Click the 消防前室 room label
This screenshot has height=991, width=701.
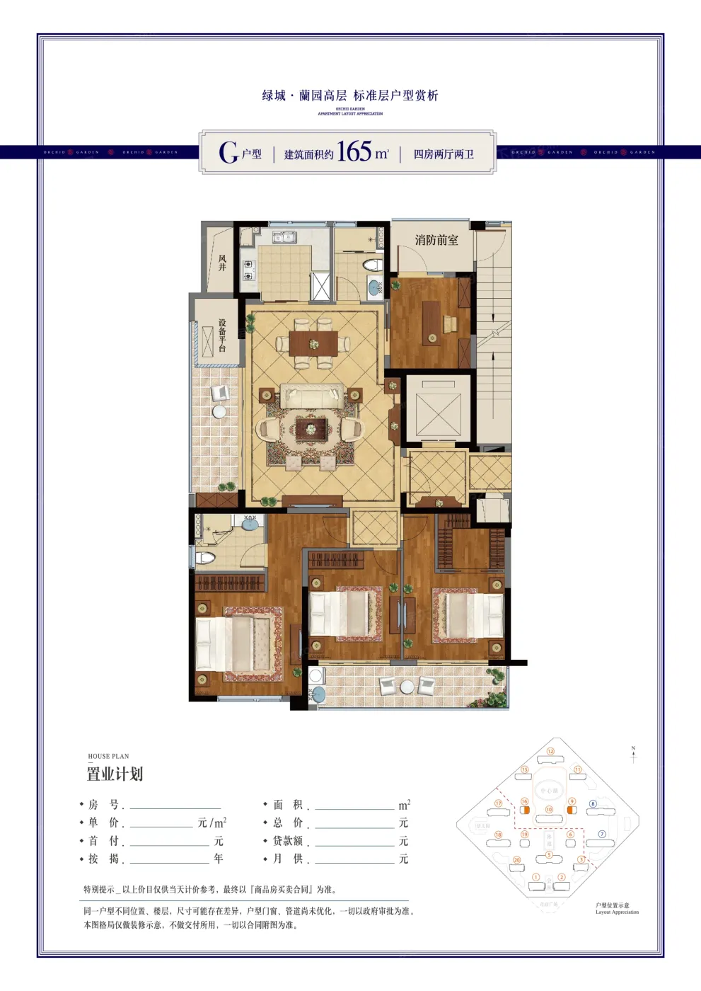pos(436,240)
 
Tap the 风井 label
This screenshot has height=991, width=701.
pos(222,263)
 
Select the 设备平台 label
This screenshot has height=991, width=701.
pos(222,336)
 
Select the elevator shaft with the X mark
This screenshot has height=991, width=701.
pos(438,413)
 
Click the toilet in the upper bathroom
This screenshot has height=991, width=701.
pos(372,265)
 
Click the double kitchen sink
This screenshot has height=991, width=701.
pos(285,236)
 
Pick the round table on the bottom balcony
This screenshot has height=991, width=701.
pos(407,687)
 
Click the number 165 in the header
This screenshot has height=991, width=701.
pos(354,151)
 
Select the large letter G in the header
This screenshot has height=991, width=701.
pos(228,152)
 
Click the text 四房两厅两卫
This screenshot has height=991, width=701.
pos(444,154)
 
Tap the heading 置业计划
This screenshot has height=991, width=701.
pos(115,774)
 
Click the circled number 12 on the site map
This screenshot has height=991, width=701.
pos(550,752)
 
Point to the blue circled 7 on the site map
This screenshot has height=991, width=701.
pos(602,834)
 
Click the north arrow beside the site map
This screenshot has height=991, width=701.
pos(633,755)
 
